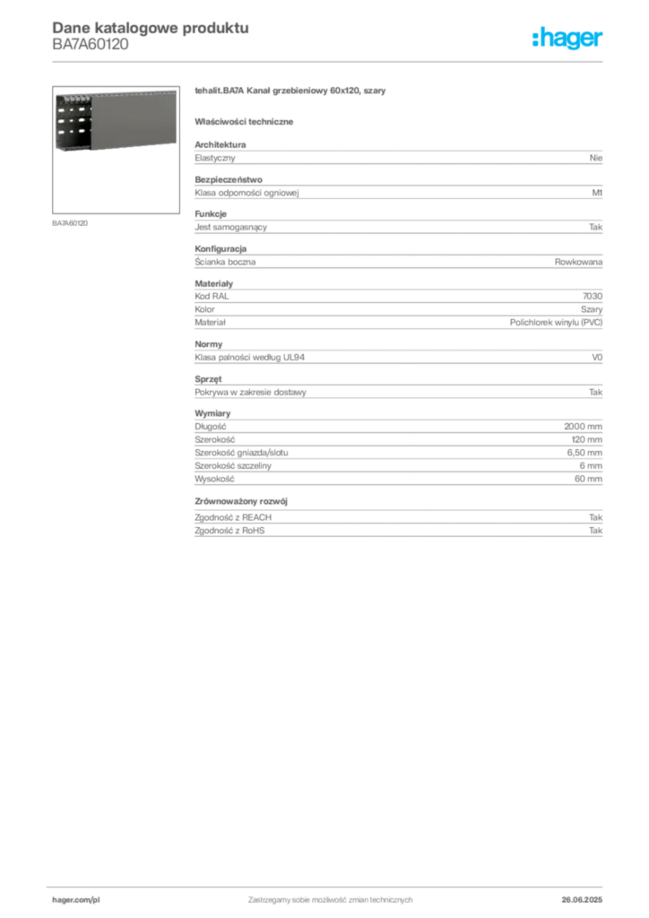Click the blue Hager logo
[x=568, y=39]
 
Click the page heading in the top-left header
[x=149, y=28]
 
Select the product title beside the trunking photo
[x=290, y=92]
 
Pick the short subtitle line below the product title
[x=247, y=121]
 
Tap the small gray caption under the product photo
[x=72, y=223]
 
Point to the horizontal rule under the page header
[x=330, y=61]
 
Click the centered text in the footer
[x=330, y=896]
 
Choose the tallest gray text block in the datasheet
[x=397, y=449]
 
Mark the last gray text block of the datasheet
[x=397, y=517]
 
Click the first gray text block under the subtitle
[x=397, y=156]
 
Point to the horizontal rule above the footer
[x=330, y=884]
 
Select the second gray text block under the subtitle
[x=397, y=189]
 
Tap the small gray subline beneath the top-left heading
[x=90, y=50]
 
